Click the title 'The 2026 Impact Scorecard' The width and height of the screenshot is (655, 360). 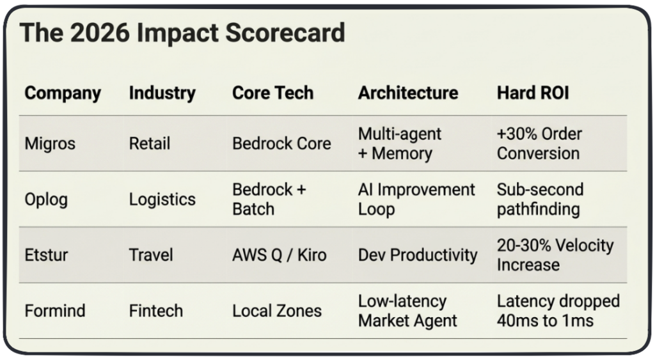[182, 33]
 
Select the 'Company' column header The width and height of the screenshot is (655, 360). [63, 93]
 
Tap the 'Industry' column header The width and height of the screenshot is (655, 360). [162, 93]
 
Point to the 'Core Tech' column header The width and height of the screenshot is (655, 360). [272, 93]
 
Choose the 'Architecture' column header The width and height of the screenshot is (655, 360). [408, 93]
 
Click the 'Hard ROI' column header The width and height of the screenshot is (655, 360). [533, 93]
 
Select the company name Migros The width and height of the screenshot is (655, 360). [50, 144]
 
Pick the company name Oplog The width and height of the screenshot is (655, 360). [46, 200]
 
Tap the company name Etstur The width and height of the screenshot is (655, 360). [46, 254]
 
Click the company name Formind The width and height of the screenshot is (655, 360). [55, 311]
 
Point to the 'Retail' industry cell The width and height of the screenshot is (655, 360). [150, 144]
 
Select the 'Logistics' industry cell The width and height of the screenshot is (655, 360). [162, 200]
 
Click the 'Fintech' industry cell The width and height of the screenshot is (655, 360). [156, 311]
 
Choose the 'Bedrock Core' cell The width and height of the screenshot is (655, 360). [281, 144]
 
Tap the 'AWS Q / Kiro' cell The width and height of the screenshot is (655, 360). [279, 255]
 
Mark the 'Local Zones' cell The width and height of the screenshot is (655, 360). [277, 311]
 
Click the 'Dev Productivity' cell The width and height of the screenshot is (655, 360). [418, 255]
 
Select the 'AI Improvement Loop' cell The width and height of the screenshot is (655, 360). [416, 200]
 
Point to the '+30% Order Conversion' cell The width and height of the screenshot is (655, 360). [539, 144]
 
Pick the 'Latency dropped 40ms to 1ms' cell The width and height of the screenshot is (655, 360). [558, 311]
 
